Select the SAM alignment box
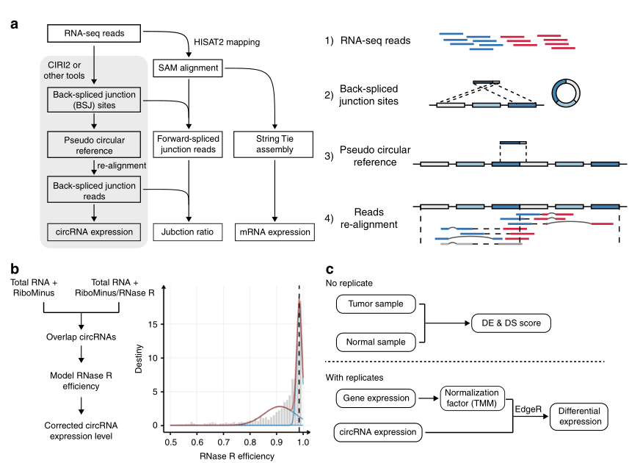pos(189,68)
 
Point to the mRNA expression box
pos(274,232)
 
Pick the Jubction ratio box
pos(189,232)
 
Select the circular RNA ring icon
pos(566,93)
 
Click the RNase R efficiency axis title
pos(237,456)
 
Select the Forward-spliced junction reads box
pos(189,144)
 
